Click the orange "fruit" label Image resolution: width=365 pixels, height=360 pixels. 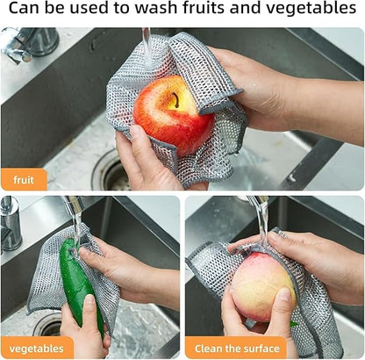24,180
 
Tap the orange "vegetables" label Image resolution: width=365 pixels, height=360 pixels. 36,348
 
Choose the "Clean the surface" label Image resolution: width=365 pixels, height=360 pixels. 234,348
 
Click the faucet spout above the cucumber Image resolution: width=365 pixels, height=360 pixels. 75,207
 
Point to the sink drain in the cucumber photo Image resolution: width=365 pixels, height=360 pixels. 47,326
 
